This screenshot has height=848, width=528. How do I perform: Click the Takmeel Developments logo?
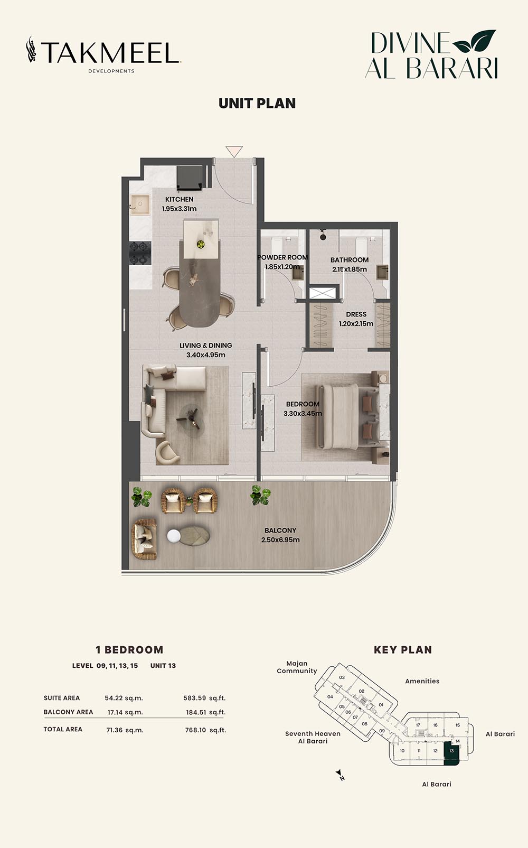pos(103,54)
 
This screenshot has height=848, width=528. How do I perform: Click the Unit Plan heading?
pos(257,104)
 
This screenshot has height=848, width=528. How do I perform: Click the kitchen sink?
pos(140,205)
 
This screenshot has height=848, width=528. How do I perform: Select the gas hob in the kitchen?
pos(140,253)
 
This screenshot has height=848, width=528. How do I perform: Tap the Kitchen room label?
pos(180,199)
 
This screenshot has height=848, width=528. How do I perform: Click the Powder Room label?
pos(282,257)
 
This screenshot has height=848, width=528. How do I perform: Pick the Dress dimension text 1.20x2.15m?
pos(356,324)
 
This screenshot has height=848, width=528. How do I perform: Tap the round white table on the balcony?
pos(174,536)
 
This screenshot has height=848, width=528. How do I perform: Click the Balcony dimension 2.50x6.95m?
pos(280,540)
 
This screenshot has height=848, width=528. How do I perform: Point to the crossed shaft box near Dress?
pos(323,293)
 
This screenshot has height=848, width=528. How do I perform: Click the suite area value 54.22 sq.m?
pos(124,698)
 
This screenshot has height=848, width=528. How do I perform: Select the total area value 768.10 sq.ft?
pos(205,730)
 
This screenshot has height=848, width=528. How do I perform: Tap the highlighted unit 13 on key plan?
pos(451,755)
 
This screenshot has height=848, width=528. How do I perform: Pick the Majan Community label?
pos(297,667)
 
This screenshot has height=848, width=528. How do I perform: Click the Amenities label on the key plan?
pos(422,681)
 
